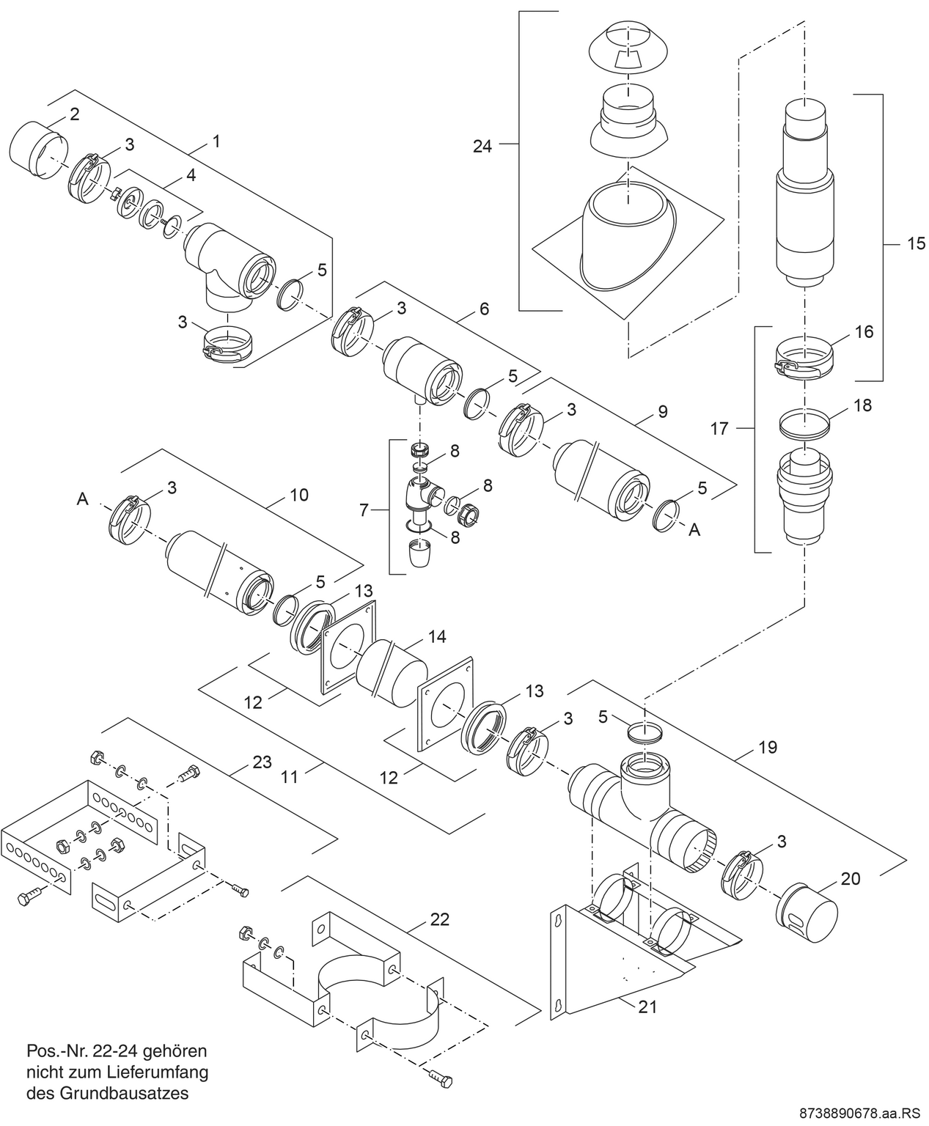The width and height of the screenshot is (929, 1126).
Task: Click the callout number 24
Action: coord(482,147)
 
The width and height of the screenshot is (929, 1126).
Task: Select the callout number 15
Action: coord(916,243)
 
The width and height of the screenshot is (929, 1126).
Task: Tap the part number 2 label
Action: coord(75,114)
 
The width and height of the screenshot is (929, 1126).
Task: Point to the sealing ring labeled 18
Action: coord(804,423)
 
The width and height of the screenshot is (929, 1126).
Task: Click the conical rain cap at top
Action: coord(627,49)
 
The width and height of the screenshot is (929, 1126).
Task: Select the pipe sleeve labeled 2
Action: coord(37,153)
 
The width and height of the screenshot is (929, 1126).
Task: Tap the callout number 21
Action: coord(647,1007)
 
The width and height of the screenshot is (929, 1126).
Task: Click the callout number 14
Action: coord(437,636)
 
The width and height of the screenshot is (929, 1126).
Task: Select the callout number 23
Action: coord(262,762)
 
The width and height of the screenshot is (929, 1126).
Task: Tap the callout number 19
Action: coord(768,747)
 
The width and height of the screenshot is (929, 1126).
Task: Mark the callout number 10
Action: coord(298,495)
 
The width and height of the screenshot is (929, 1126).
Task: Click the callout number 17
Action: coord(719,428)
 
